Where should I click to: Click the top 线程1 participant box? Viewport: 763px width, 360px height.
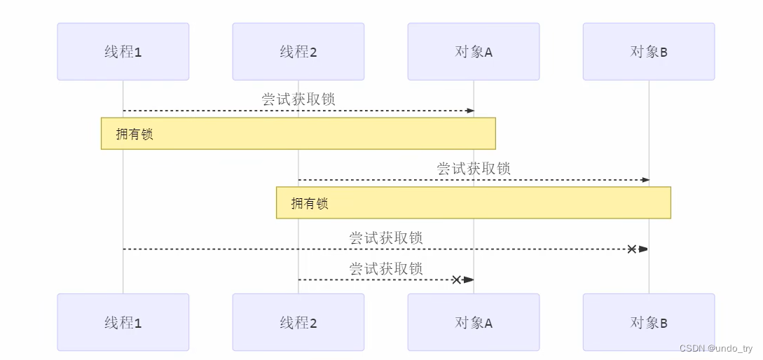123,51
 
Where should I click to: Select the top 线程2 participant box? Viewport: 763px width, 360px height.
298,51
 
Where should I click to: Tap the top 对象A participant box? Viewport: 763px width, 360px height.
474,51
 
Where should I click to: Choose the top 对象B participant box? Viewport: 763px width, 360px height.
649,51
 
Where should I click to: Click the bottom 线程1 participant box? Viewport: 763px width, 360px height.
123,322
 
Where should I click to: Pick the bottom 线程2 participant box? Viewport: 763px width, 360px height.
298,322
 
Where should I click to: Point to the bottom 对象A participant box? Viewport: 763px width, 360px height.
474,322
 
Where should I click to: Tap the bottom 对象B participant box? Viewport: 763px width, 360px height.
649,322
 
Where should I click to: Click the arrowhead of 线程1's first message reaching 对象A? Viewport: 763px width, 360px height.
470,111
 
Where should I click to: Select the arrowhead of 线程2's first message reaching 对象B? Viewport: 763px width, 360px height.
645,180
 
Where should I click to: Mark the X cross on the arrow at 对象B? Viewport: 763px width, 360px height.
631,249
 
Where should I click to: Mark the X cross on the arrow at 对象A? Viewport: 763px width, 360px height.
456,279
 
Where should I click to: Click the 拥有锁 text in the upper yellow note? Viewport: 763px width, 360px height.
135,134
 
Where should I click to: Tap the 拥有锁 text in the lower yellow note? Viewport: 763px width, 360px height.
310,204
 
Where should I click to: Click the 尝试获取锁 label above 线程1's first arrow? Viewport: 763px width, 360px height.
298,99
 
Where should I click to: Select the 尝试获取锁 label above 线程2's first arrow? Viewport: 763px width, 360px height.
474,169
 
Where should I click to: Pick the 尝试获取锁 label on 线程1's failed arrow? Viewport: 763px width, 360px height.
386,238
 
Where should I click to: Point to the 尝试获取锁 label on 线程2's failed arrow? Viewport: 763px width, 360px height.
386,268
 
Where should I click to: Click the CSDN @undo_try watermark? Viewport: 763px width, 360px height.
715,348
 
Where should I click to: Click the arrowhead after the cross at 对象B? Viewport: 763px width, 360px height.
643,249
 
